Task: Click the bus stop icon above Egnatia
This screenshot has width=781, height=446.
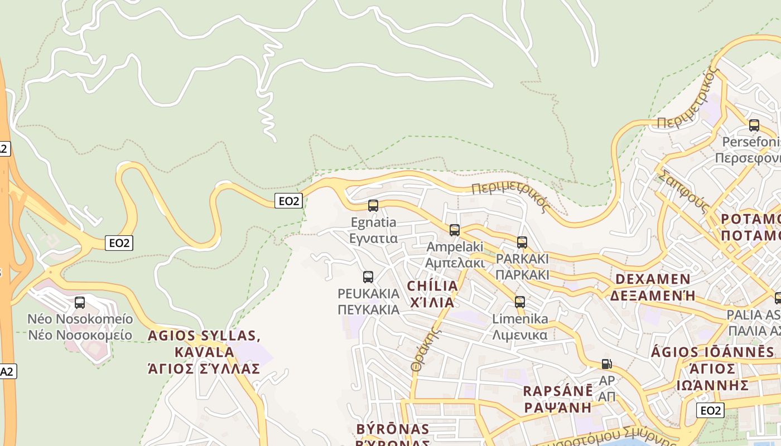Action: click(x=373, y=206)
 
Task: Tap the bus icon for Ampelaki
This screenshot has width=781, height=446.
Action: click(x=455, y=230)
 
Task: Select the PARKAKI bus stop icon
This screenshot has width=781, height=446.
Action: click(x=522, y=243)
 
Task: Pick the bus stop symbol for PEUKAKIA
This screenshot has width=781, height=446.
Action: click(x=368, y=277)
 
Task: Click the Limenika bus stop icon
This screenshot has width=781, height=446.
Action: click(x=520, y=302)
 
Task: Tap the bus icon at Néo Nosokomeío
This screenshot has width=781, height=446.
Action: click(x=80, y=303)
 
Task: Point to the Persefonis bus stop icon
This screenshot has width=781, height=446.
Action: click(x=754, y=125)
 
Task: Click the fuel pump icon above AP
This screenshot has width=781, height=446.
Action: click(x=606, y=364)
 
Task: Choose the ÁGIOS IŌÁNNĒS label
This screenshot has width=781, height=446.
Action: click(x=713, y=352)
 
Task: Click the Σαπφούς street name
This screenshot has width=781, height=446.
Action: click(x=683, y=191)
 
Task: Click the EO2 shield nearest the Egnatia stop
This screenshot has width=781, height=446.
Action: click(x=288, y=201)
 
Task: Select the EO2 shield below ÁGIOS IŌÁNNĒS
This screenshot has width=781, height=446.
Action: click(x=710, y=411)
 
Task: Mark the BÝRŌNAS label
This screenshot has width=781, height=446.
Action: click(x=393, y=429)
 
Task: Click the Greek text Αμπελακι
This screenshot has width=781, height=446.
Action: click(x=455, y=263)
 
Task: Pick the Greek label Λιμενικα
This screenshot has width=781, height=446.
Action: click(x=520, y=335)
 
